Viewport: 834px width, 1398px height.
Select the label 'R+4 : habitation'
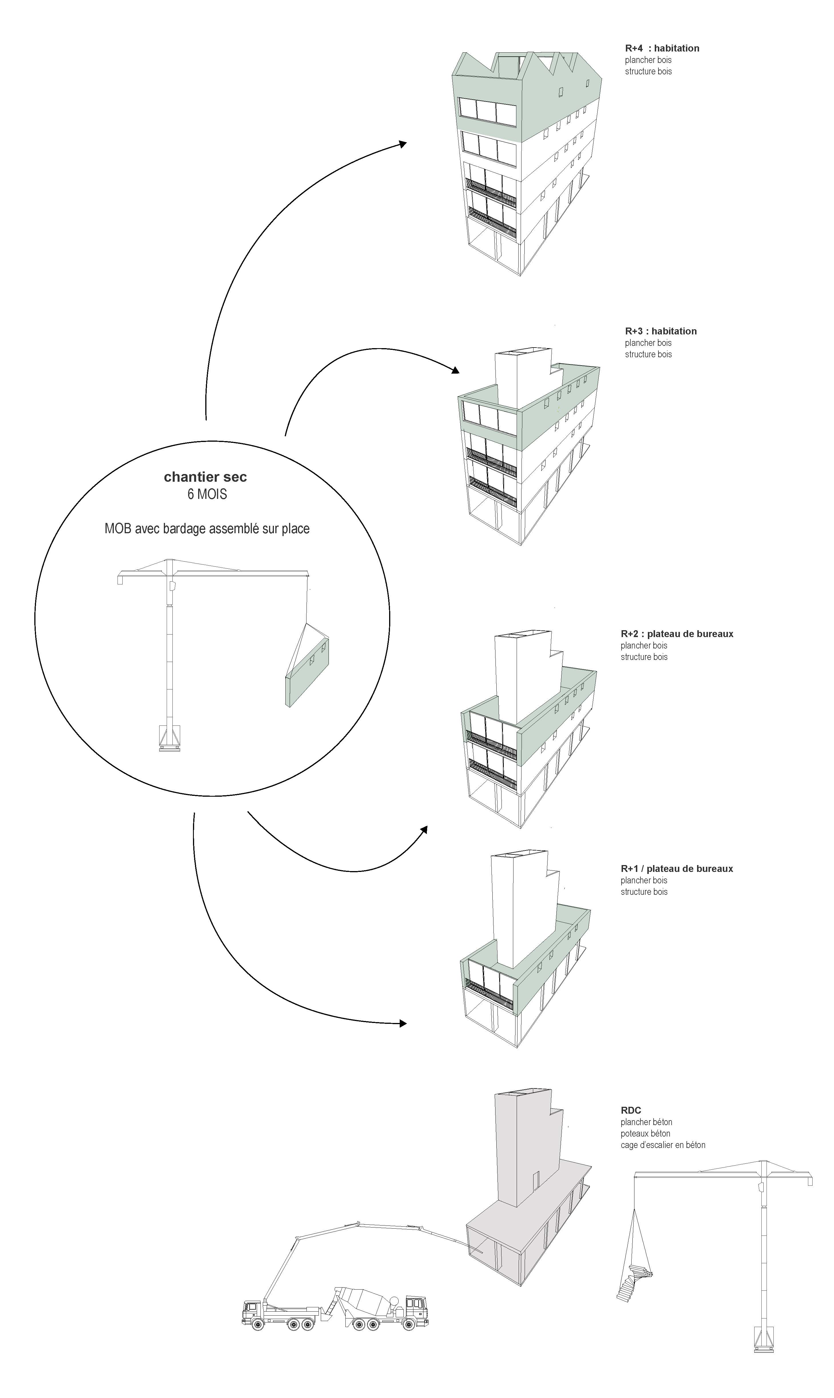[662, 48]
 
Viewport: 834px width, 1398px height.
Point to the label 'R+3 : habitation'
[661, 331]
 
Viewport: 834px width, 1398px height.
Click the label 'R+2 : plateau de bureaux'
[677, 634]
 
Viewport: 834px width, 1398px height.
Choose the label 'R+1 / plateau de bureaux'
[677, 868]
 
